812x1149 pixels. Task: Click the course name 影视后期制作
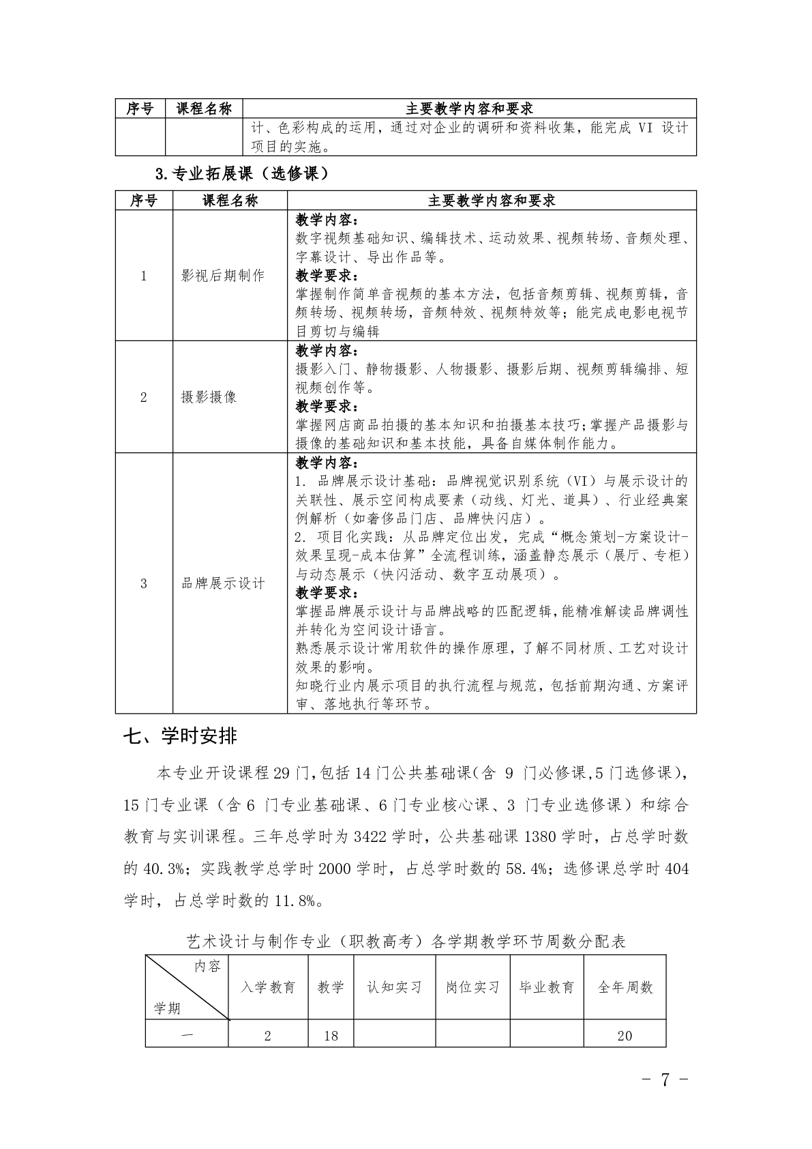(222, 276)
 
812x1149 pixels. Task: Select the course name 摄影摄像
(209, 397)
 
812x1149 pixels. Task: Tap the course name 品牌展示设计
(222, 583)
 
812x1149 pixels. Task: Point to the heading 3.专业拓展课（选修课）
(242, 174)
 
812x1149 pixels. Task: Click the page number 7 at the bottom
(665, 1079)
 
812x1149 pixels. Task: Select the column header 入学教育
(268, 987)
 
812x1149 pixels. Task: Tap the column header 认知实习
(394, 987)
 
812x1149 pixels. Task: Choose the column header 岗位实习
(472, 987)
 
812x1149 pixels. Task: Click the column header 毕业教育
(546, 987)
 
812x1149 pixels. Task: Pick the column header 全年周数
(625, 987)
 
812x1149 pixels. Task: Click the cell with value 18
(331, 1036)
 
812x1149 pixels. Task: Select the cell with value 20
(625, 1036)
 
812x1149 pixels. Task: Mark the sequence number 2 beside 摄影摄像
(143, 397)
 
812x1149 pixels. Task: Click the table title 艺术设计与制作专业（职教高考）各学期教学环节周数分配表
(406, 942)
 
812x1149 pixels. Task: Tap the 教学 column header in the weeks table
(331, 987)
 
